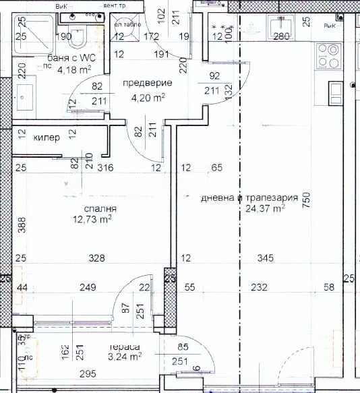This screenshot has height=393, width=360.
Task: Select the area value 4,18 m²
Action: coord(74,68)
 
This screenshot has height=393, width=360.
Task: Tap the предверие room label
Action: coord(146,83)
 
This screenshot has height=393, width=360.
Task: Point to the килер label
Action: coord(47,138)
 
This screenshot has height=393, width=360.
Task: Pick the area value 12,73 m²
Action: coord(93,218)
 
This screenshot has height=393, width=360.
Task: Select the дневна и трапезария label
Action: coord(249,198)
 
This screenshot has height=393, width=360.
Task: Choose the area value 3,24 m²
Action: coord(125,357)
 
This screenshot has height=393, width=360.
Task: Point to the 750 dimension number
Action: coord(307,202)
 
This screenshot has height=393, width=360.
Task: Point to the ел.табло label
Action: coord(125,20)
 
